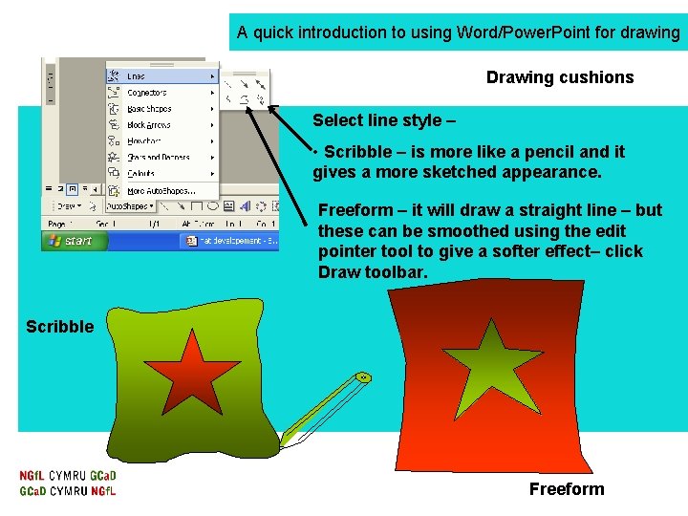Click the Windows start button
[69, 241]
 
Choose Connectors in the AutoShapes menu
[147, 93]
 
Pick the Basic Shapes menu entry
[150, 109]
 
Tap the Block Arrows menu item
[149, 125]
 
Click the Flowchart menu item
[145, 141]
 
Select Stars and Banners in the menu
[159, 158]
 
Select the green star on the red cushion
[494, 363]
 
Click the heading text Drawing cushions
[559, 77]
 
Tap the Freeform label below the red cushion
[567, 489]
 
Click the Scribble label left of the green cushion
[59, 327]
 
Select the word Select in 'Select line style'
[336, 120]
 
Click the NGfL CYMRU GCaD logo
[68, 484]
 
